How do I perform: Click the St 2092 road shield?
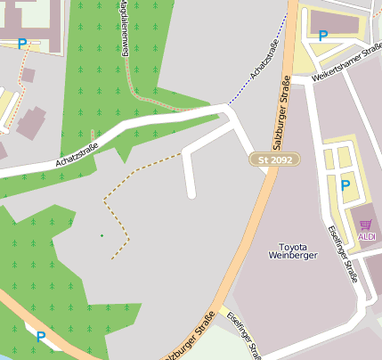[274, 160]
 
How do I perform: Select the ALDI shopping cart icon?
[366, 225]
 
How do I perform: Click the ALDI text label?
[367, 236]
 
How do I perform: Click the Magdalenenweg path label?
[122, 32]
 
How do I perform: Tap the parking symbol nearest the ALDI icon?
[345, 185]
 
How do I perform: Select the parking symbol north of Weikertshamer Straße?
[322, 37]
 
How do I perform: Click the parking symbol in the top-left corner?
[21, 43]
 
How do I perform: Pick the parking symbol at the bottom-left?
[40, 336]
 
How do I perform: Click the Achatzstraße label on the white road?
[76, 156]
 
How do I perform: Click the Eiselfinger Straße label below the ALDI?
[343, 255]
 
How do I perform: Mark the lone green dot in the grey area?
[102, 235]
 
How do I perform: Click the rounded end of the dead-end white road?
[191, 193]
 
